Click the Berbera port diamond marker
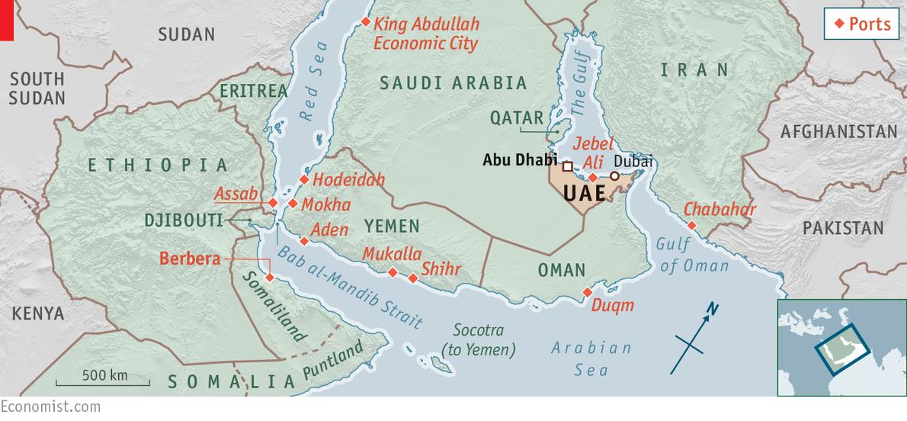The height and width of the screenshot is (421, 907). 268,277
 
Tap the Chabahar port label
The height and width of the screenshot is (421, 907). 720,210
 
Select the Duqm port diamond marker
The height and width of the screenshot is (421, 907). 586,292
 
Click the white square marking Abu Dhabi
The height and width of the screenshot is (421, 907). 568,166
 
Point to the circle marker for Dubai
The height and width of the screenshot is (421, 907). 614,175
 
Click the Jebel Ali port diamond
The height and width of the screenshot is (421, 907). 592,177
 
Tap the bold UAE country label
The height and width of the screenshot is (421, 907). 585,193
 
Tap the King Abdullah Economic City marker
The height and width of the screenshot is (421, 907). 366,22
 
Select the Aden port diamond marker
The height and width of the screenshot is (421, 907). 304,241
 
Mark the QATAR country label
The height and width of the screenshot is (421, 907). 517,118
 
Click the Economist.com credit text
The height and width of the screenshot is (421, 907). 50,407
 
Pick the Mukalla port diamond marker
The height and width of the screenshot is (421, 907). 393,272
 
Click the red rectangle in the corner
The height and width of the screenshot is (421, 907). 7,19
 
